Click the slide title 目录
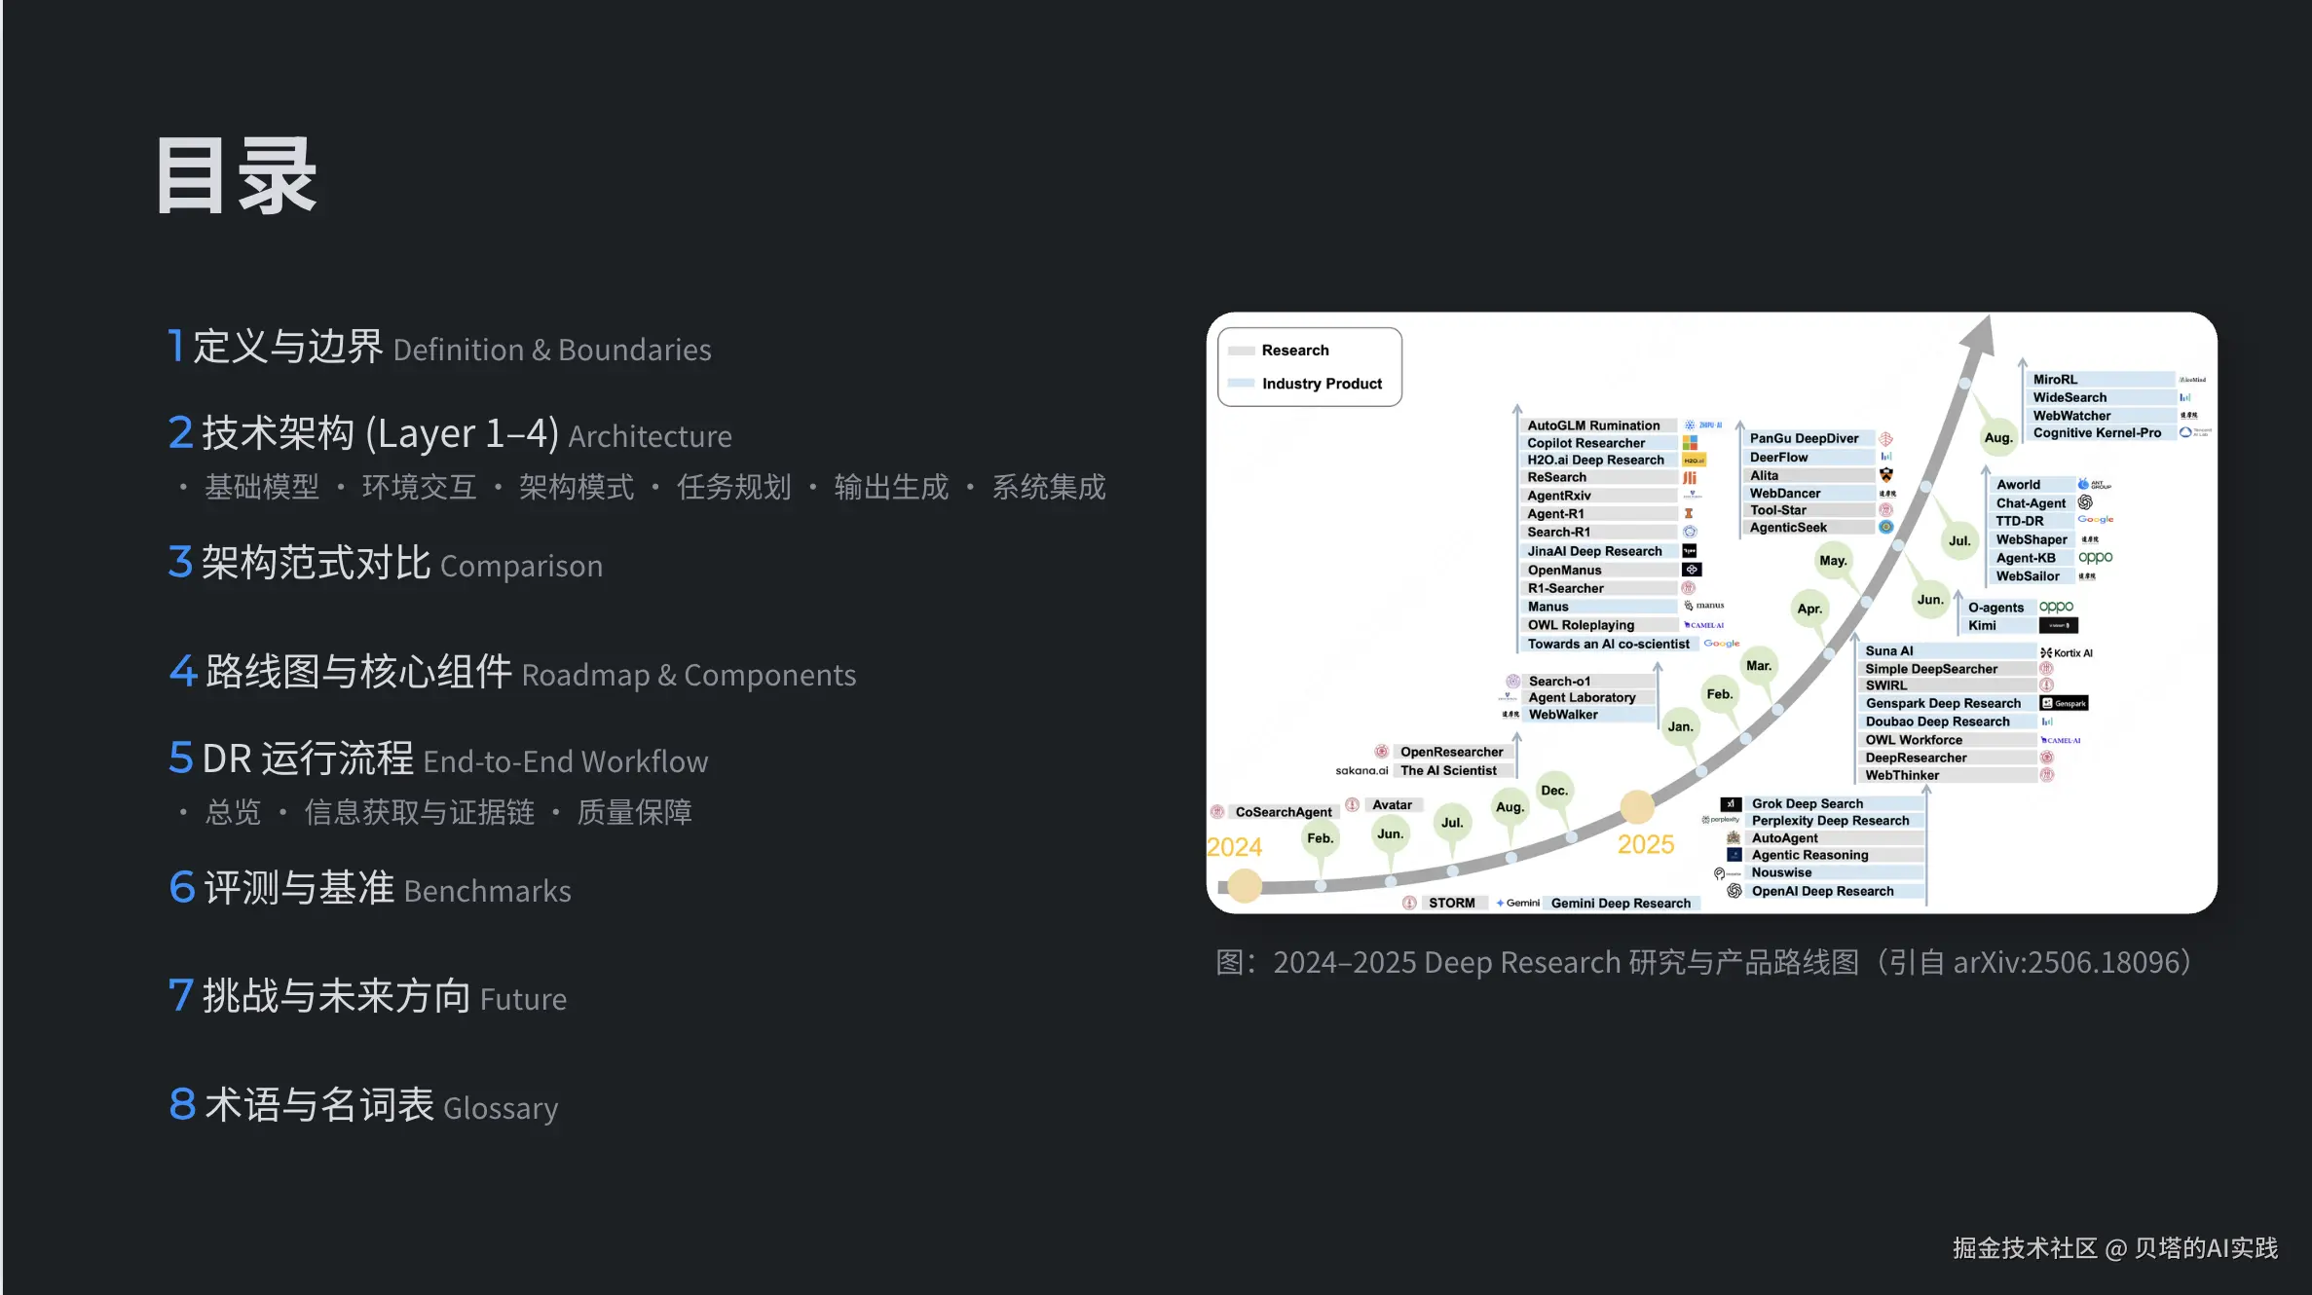237,176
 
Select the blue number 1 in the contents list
175,346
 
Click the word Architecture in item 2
650,436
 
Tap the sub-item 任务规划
733,487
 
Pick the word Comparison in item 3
521,566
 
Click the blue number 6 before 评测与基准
182,888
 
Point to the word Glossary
501,1108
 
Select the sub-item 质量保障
634,812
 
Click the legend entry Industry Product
1322,384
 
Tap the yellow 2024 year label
1234,847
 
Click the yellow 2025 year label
1646,844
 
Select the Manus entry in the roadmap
1548,607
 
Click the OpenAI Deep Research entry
1822,891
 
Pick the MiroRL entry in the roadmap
2055,380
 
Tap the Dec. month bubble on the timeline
1554,791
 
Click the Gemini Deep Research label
1621,904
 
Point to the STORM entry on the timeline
1451,904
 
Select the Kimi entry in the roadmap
1982,626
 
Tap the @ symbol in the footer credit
2115,1249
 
